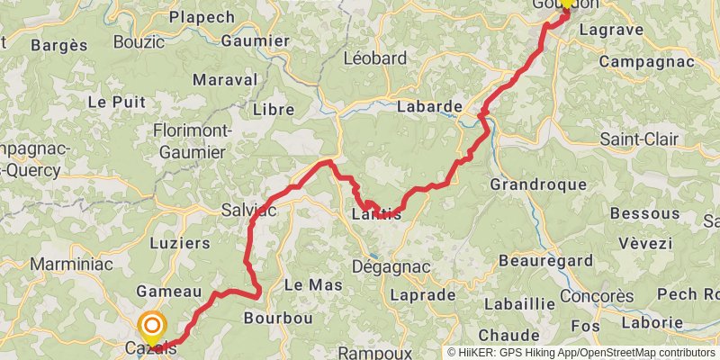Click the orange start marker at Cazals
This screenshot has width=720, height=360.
click(x=152, y=326)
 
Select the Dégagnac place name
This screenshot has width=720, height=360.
click(x=391, y=267)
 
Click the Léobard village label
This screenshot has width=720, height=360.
click(x=375, y=58)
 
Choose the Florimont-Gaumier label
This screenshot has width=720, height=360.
click(x=193, y=141)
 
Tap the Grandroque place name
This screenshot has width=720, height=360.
click(x=538, y=184)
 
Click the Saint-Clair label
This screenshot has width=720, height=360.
click(x=640, y=139)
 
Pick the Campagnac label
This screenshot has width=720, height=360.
click(x=646, y=62)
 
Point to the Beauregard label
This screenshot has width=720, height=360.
click(x=544, y=261)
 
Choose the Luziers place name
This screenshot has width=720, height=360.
click(x=181, y=243)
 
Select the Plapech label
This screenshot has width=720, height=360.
click(x=202, y=17)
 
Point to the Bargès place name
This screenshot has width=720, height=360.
click(x=59, y=45)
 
